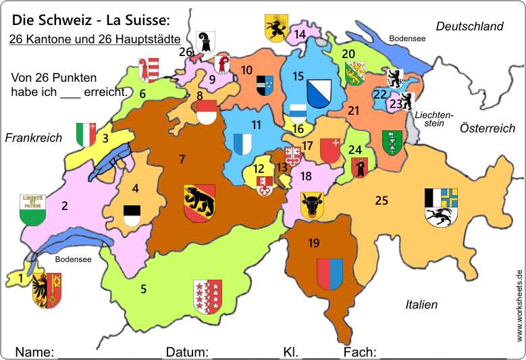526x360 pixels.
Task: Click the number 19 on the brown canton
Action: (313, 242)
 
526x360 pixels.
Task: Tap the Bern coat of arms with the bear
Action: (199, 201)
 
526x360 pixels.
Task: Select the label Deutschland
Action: (469, 26)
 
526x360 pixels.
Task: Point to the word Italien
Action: (421, 305)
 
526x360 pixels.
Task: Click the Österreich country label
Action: (487, 128)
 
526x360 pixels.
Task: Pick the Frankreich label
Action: (34, 138)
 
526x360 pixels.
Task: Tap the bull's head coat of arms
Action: (313, 205)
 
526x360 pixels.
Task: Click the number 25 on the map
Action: (382, 200)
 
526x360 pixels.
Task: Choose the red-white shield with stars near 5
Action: (207, 297)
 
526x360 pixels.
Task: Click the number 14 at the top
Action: (300, 34)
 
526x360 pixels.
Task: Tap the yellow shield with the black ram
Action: (275, 28)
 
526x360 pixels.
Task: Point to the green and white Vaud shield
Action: (31, 209)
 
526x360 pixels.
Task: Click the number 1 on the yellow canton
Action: (21, 277)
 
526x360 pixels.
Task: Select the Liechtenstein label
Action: (433, 119)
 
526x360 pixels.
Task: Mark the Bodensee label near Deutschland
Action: (407, 39)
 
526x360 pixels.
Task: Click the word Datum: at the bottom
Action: (188, 352)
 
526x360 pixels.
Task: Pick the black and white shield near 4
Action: (132, 215)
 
